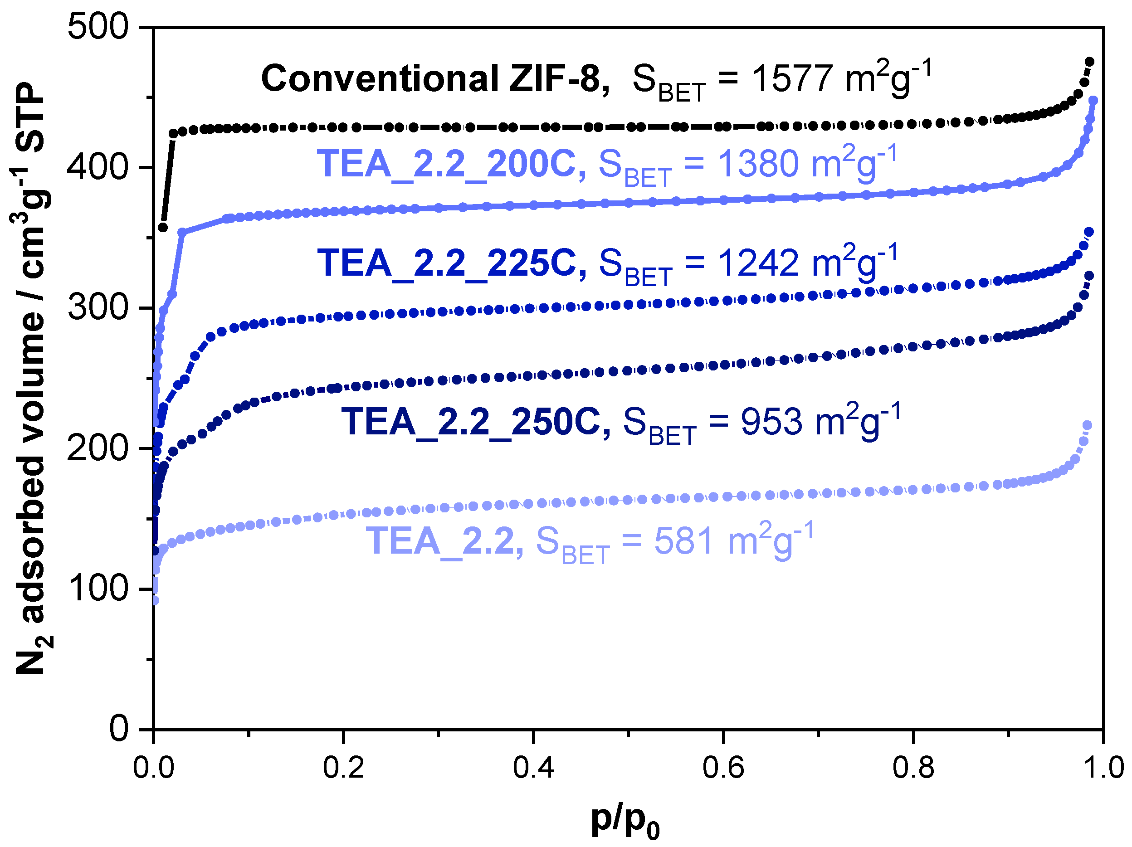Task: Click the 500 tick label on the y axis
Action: [98, 27]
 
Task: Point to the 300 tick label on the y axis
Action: [98, 308]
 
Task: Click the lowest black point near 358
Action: [163, 227]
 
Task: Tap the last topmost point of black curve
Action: [1089, 62]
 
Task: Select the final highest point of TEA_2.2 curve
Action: [1088, 425]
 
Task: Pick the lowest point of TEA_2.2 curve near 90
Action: [155, 601]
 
